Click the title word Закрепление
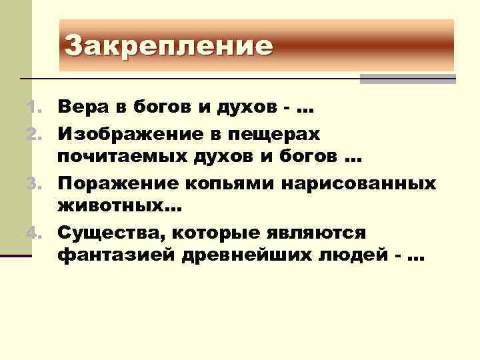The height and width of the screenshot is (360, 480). coord(169,46)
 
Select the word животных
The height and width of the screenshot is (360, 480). coord(113,207)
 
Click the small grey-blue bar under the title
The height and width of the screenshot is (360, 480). coord(407,79)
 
